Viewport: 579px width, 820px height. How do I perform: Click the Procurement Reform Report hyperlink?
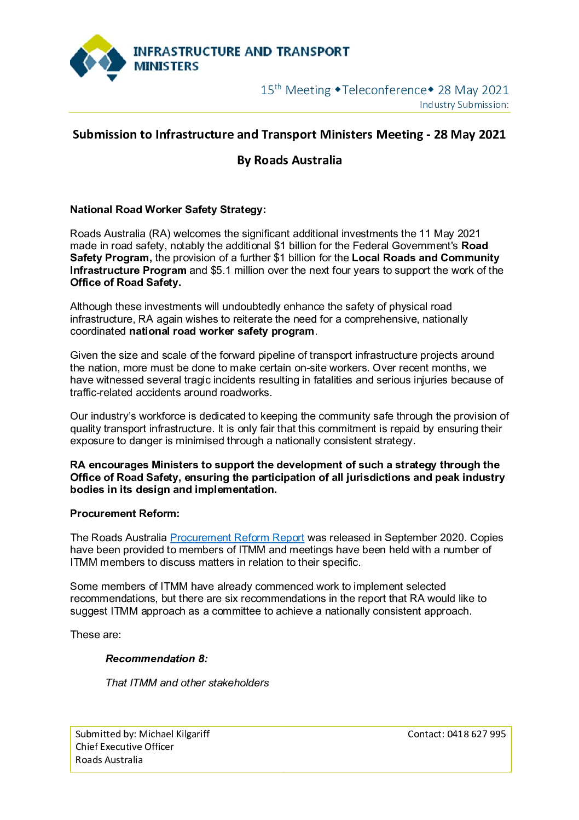point(237,538)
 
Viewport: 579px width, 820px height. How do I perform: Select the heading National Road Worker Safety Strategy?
point(167,210)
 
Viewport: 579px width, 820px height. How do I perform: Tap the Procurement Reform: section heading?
point(125,514)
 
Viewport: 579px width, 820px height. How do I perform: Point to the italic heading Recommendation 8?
point(157,659)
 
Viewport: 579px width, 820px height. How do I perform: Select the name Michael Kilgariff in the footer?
point(174,734)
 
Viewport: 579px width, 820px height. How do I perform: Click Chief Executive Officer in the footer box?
point(124,747)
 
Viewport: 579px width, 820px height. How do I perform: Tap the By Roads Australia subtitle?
point(289,160)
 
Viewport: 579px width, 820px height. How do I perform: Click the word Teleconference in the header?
point(384,90)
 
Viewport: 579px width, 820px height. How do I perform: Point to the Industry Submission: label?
point(464,105)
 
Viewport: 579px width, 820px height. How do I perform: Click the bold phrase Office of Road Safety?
point(125,283)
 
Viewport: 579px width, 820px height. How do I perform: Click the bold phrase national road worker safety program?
point(222,331)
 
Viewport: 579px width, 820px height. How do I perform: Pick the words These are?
point(96,635)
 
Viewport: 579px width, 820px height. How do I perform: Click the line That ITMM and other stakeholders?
point(187,683)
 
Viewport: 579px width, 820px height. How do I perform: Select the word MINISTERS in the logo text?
point(166,66)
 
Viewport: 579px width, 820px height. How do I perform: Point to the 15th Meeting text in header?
point(296,90)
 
